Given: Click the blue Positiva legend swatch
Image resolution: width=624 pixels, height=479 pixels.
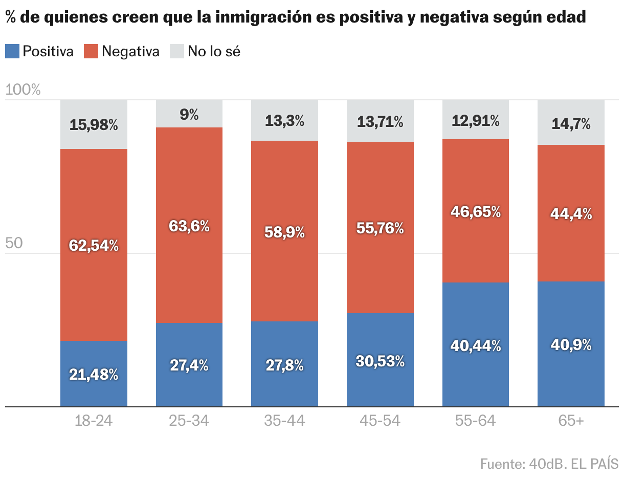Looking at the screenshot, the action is coord(12,51).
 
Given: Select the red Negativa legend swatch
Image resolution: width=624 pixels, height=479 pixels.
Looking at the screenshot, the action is coord(91,51).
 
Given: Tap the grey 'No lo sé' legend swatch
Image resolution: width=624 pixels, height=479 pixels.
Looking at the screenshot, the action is coord(176,51).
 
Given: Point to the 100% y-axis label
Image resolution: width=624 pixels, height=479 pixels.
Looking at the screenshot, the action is coord(23,90).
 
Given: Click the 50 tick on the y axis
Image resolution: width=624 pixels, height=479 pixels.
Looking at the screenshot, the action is coord(14,243).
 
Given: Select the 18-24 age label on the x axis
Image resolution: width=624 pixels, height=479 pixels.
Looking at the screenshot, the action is coord(93,421).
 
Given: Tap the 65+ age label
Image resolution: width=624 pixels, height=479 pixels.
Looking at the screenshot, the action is coord(571,421).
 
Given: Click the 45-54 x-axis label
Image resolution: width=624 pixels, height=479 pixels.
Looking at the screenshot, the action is coord(380,421).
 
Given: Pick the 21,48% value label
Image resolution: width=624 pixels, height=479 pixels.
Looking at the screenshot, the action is coord(94,375).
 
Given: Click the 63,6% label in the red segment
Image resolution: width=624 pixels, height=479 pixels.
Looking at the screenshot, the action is coord(189,226).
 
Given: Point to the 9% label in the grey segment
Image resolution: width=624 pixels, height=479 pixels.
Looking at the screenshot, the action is coord(189,114).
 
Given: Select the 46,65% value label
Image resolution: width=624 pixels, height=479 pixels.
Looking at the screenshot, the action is coord(476,212).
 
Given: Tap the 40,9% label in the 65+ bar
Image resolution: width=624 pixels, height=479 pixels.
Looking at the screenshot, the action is coord(571,345).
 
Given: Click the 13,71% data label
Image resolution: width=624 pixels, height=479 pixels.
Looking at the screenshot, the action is coord(380,122).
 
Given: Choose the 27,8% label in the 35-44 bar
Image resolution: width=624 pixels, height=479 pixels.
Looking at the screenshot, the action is coord(284,365).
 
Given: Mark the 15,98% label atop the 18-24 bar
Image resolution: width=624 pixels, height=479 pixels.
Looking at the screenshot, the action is coord(94,125).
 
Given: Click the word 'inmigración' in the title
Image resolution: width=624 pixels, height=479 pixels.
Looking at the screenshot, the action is coord(263,17).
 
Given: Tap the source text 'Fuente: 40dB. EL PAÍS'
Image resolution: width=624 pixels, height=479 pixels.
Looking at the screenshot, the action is coord(549,464).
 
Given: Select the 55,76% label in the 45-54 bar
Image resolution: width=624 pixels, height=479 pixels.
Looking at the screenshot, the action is coord(380,229).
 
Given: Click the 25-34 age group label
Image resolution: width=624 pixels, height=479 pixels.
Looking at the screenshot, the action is coord(189,421).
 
